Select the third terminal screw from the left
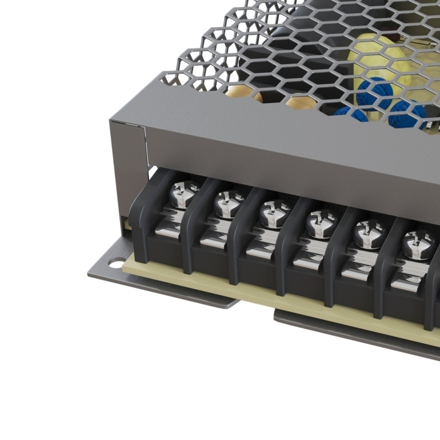coord(273,212)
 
